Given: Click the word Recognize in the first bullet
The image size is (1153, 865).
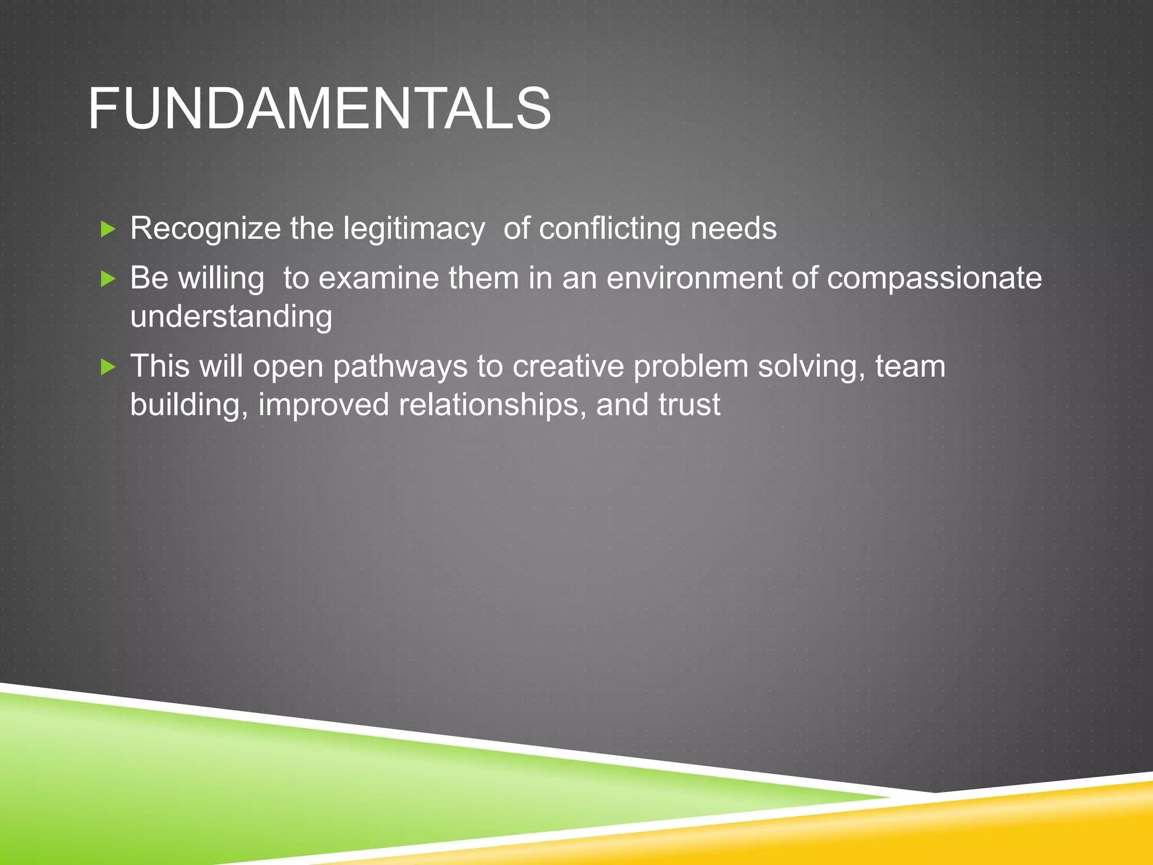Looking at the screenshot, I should pyautogui.click(x=205, y=229).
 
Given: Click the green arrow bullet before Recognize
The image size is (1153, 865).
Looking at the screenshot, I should pyautogui.click(x=108, y=229).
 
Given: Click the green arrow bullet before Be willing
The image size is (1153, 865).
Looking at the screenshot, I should pyautogui.click(x=108, y=278).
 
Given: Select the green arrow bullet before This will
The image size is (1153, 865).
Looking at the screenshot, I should pyautogui.click(x=108, y=367).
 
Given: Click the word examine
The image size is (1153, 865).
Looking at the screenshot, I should pyautogui.click(x=378, y=278).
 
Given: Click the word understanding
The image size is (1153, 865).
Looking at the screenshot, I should pyautogui.click(x=231, y=317).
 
